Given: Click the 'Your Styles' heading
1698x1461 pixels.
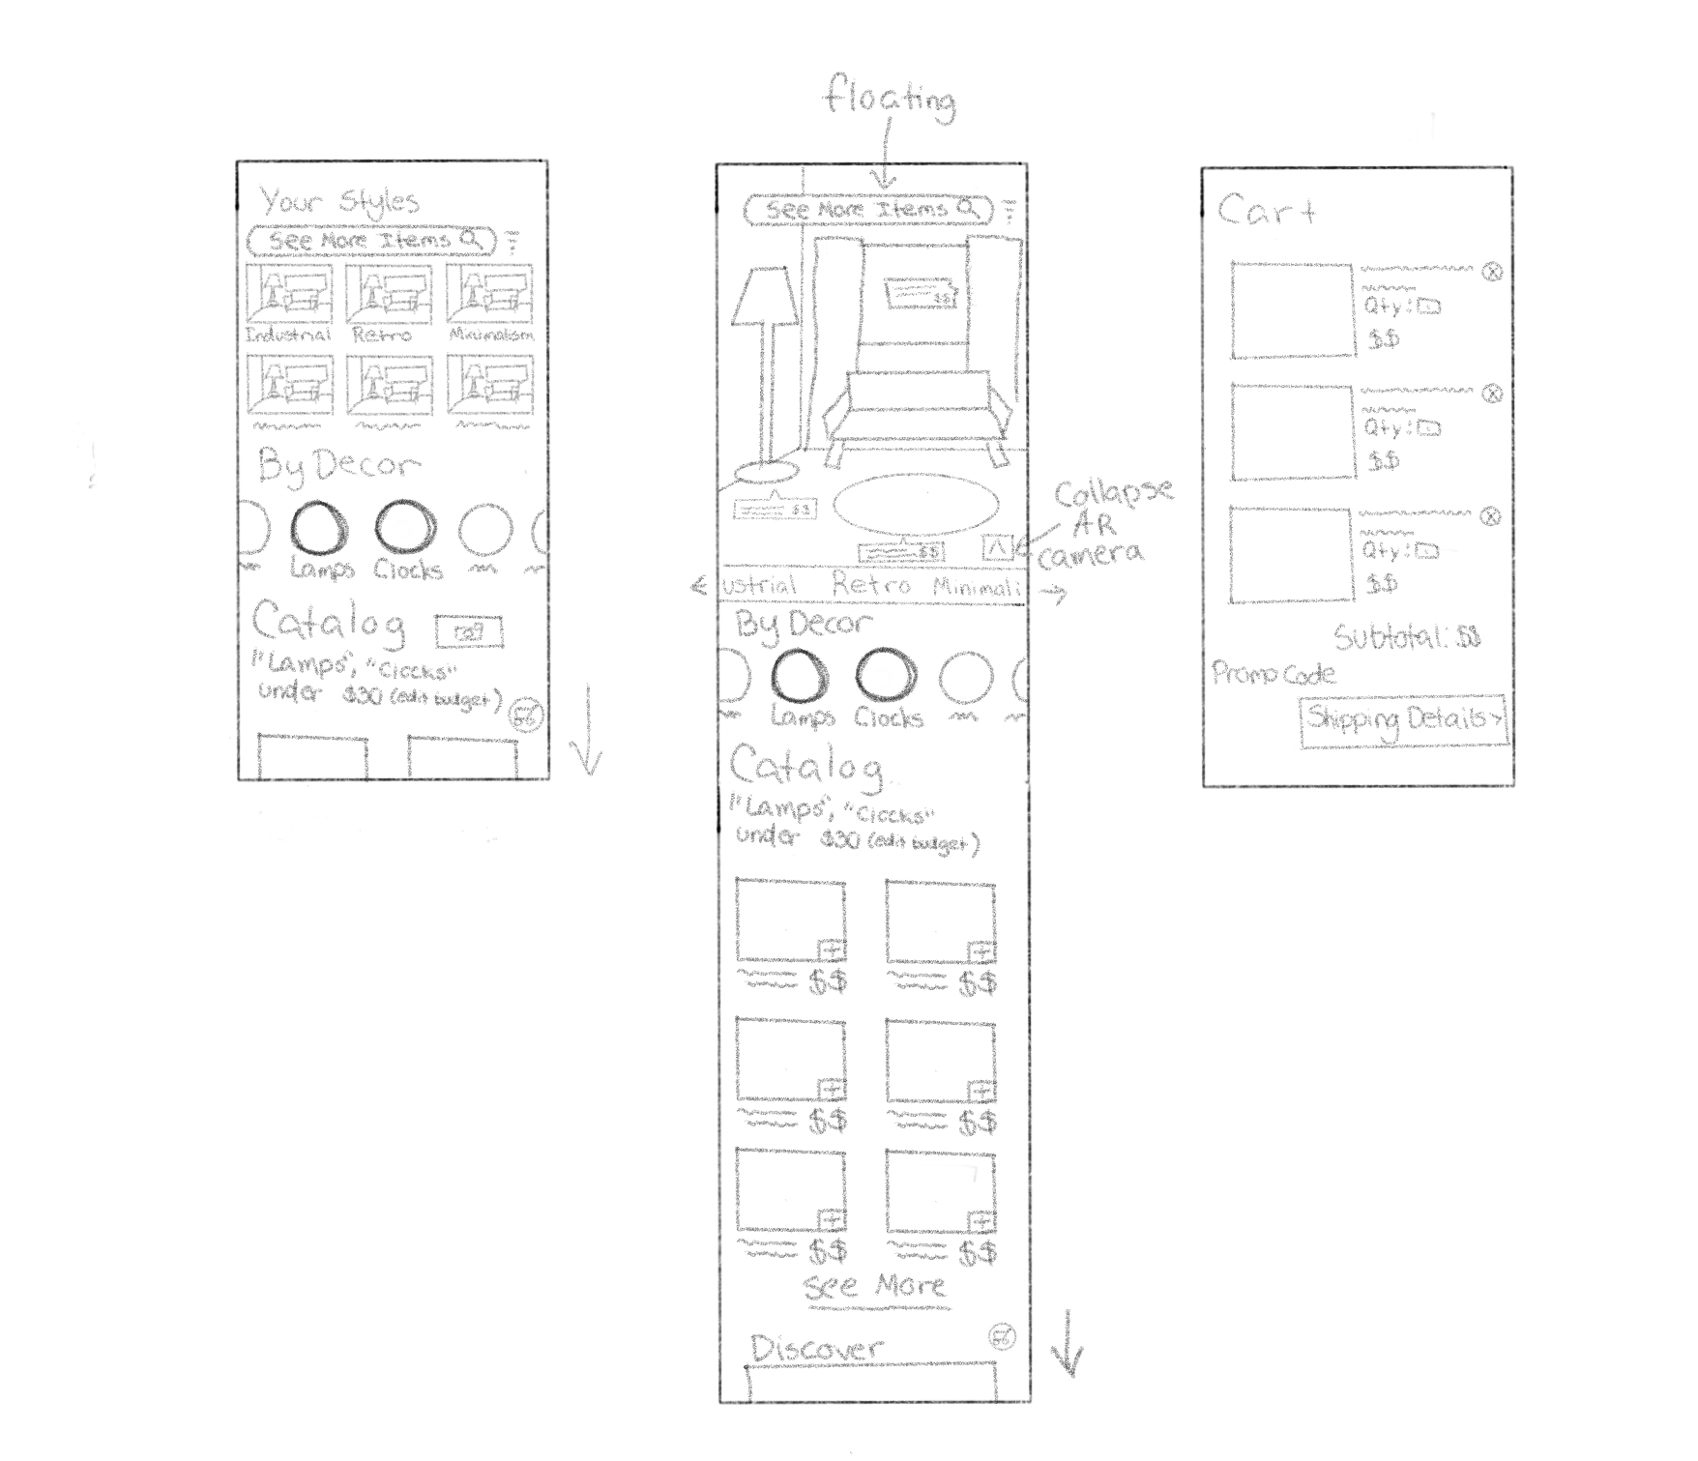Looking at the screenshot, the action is pyautogui.click(x=338, y=202).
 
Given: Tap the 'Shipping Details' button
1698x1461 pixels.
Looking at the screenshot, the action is pyautogui.click(x=1403, y=720).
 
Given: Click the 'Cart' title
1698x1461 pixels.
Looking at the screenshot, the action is pyautogui.click(x=1266, y=210).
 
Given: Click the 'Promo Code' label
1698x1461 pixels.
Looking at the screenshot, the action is pyautogui.click(x=1273, y=674).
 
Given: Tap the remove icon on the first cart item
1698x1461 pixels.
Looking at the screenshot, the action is pyautogui.click(x=1493, y=273).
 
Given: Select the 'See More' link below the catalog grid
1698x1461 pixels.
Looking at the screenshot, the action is pyautogui.click(x=874, y=1286).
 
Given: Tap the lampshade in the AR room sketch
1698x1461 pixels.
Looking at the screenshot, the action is pyautogui.click(x=765, y=294).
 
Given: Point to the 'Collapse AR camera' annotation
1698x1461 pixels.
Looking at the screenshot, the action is pyautogui.click(x=1101, y=522).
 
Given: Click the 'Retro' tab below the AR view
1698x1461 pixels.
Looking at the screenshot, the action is pyautogui.click(x=871, y=585).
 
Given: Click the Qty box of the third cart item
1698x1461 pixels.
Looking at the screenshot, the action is pyautogui.click(x=1427, y=551).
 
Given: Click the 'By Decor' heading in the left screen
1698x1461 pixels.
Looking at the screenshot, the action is pyautogui.click(x=338, y=467).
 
